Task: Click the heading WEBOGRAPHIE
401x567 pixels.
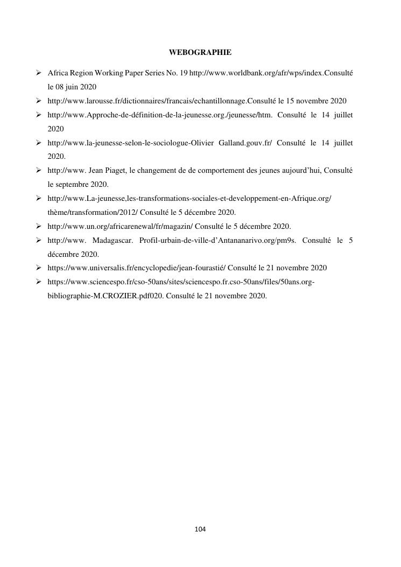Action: click(200, 53)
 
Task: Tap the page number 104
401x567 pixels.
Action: click(200, 529)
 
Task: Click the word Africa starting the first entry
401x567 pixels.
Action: click(58, 72)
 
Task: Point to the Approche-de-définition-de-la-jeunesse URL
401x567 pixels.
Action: click(160, 115)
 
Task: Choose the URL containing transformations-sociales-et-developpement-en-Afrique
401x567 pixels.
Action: click(189, 199)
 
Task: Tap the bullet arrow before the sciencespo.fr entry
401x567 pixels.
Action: click(39, 282)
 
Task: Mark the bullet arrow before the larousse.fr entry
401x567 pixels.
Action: click(39, 101)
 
